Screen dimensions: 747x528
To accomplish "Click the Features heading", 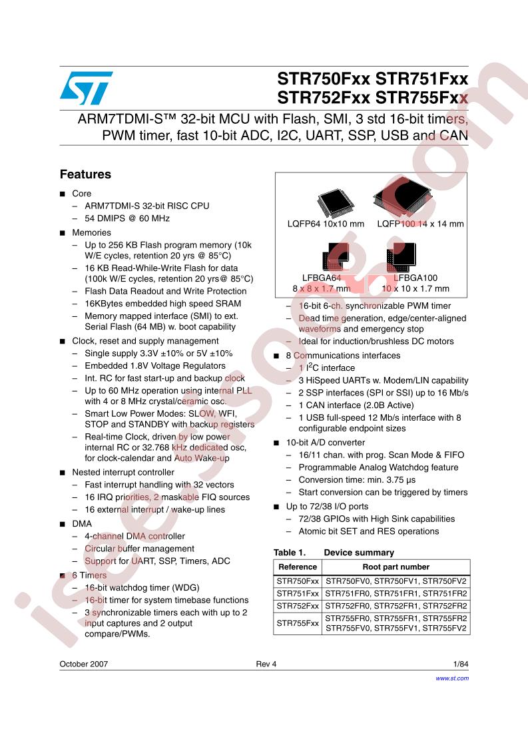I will tap(85, 175).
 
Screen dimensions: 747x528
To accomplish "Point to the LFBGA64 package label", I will tap(322, 277).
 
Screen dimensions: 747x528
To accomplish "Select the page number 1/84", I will tap(460, 664).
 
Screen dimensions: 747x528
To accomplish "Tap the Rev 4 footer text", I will tap(266, 664).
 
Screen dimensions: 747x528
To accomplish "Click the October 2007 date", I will tap(84, 664).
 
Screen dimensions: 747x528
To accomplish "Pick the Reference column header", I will tap(298, 567).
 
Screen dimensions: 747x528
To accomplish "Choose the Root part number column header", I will tap(396, 567).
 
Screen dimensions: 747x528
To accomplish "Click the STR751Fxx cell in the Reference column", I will tap(298, 593).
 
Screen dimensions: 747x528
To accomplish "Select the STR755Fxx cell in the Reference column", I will tap(298, 623).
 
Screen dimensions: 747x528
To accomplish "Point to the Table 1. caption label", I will tap(289, 553).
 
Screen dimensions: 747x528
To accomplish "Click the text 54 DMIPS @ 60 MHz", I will tap(127, 219).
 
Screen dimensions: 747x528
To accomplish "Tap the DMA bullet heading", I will tap(82, 523).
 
